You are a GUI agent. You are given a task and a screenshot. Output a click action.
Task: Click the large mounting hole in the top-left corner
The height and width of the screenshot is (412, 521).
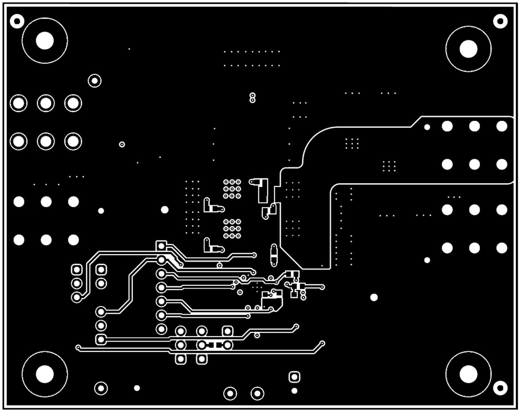click(x=44, y=40)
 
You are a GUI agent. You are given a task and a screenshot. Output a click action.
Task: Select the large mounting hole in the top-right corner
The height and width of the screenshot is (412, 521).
click(x=468, y=49)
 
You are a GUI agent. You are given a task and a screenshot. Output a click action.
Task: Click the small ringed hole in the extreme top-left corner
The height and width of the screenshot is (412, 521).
click(x=17, y=21)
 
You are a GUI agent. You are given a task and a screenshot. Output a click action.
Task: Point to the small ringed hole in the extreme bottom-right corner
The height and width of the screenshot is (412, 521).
click(x=500, y=388)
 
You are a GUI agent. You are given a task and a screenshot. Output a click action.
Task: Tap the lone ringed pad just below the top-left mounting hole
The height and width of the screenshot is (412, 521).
click(x=95, y=81)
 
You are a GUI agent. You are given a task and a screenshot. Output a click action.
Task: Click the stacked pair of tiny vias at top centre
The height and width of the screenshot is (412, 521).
click(x=252, y=97)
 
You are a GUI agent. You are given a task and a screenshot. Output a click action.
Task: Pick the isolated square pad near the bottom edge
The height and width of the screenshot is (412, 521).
click(x=294, y=377)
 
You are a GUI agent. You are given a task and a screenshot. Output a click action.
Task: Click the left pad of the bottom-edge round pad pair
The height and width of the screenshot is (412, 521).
click(x=230, y=393)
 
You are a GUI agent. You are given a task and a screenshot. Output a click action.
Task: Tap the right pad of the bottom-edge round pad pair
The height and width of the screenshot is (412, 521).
click(x=257, y=393)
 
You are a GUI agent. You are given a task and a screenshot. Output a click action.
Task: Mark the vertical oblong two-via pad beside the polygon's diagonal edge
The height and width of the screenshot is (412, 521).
click(x=274, y=255)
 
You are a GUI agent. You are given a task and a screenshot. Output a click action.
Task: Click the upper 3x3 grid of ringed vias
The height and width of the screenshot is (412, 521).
click(x=232, y=189)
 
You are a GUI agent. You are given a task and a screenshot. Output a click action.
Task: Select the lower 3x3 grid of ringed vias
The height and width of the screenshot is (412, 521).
click(x=232, y=229)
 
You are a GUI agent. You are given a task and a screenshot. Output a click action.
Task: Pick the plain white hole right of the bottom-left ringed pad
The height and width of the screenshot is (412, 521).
click(x=137, y=388)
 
